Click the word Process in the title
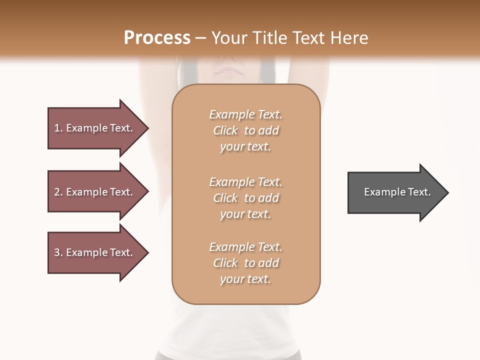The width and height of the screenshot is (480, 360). (x=157, y=37)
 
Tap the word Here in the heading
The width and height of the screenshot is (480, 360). (x=349, y=37)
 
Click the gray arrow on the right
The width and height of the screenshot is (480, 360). (x=395, y=192)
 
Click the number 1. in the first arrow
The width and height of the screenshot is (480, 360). (x=58, y=128)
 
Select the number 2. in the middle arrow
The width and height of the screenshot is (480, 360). (x=58, y=192)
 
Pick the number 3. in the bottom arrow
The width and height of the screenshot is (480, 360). (x=58, y=252)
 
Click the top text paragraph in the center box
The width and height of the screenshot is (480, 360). (x=246, y=130)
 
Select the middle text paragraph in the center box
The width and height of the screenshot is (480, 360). (x=246, y=198)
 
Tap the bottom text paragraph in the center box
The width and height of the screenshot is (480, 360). (x=246, y=263)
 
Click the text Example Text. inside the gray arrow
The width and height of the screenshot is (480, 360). (x=397, y=192)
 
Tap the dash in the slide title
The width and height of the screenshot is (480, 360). (x=200, y=38)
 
